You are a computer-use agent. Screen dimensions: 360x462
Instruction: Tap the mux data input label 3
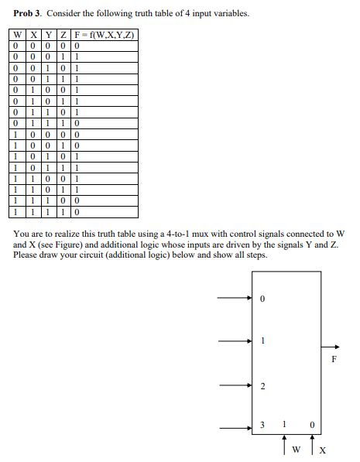pyautogui.click(x=263, y=425)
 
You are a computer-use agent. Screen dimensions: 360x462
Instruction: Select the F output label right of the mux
pyautogui.click(x=334, y=359)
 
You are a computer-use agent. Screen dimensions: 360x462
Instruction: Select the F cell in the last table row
pyautogui.click(x=77, y=210)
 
